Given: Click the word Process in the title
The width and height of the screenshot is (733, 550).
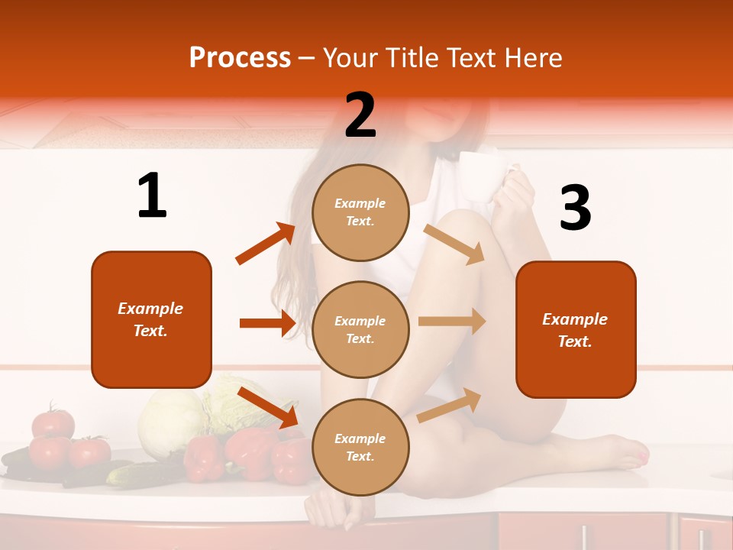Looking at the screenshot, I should pos(240,58).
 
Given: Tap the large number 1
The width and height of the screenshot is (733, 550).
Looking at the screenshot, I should pos(152,196).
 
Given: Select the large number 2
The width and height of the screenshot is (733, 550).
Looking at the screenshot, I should pos(360,115).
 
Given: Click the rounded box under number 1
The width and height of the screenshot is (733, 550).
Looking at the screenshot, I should pos(151,319).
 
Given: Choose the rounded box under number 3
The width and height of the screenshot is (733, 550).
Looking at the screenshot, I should pos(576,329).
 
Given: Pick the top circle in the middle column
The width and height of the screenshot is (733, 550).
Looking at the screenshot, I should pos(360,212).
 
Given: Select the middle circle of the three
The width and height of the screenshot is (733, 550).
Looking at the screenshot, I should pos(360,329).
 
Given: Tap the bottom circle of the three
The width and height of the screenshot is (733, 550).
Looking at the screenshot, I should pos(360,447).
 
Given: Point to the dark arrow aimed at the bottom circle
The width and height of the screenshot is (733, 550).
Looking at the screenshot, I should pos(268,407).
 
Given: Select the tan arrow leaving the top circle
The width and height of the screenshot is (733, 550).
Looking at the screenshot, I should pos(454,244).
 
